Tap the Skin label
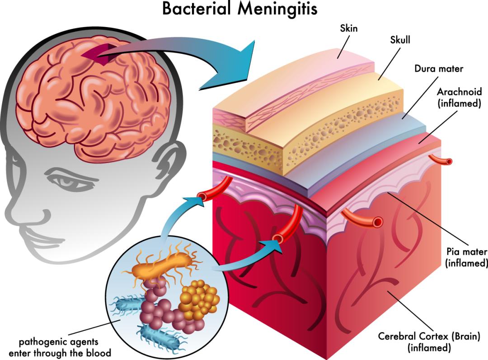click(x=349, y=28)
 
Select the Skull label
click(x=400, y=40)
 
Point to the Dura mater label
click(x=439, y=69)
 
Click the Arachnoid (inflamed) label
click(x=460, y=98)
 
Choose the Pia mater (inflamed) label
click(x=466, y=257)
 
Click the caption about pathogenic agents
click(x=60, y=347)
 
